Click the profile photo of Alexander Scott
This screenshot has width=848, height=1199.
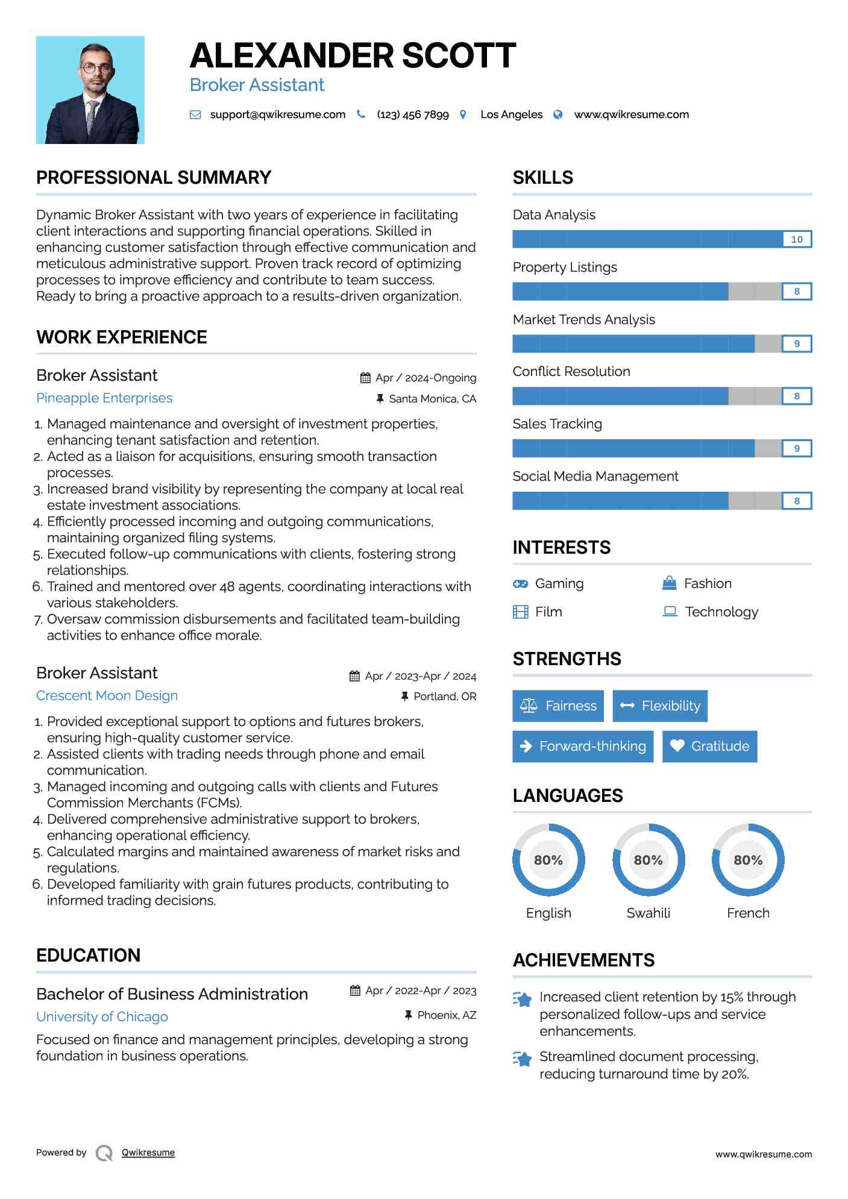pos(90,90)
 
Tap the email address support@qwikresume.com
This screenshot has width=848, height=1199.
pos(277,114)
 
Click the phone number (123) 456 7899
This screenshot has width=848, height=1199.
pos(412,114)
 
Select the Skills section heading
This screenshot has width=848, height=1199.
pos(542,178)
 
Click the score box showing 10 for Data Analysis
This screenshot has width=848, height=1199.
pos(796,239)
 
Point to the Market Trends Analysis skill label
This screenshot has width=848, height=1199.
pos(583,319)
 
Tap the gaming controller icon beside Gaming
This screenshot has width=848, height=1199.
pos(520,584)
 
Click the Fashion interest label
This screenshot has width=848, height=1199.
pos(708,584)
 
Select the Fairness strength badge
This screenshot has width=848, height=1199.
pos(558,706)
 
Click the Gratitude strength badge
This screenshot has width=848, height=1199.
pos(709,746)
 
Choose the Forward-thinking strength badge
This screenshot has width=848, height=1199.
pos(583,746)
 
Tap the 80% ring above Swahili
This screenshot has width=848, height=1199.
pos(648,860)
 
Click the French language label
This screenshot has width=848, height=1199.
pos(748,913)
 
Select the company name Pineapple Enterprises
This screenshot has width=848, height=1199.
pos(104,398)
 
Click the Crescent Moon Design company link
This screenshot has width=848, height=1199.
pos(107,696)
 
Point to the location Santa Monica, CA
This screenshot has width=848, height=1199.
pos(432,399)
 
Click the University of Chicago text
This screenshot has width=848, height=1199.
pos(102,1017)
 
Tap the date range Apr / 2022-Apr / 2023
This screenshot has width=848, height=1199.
pos(420,991)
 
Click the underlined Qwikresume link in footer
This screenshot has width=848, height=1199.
pos(148,1153)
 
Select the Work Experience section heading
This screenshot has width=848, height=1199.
pos(122,337)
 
